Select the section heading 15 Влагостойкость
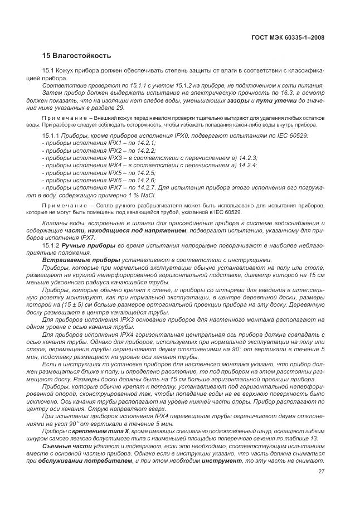pos(77,56)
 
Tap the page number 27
pos(322,472)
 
